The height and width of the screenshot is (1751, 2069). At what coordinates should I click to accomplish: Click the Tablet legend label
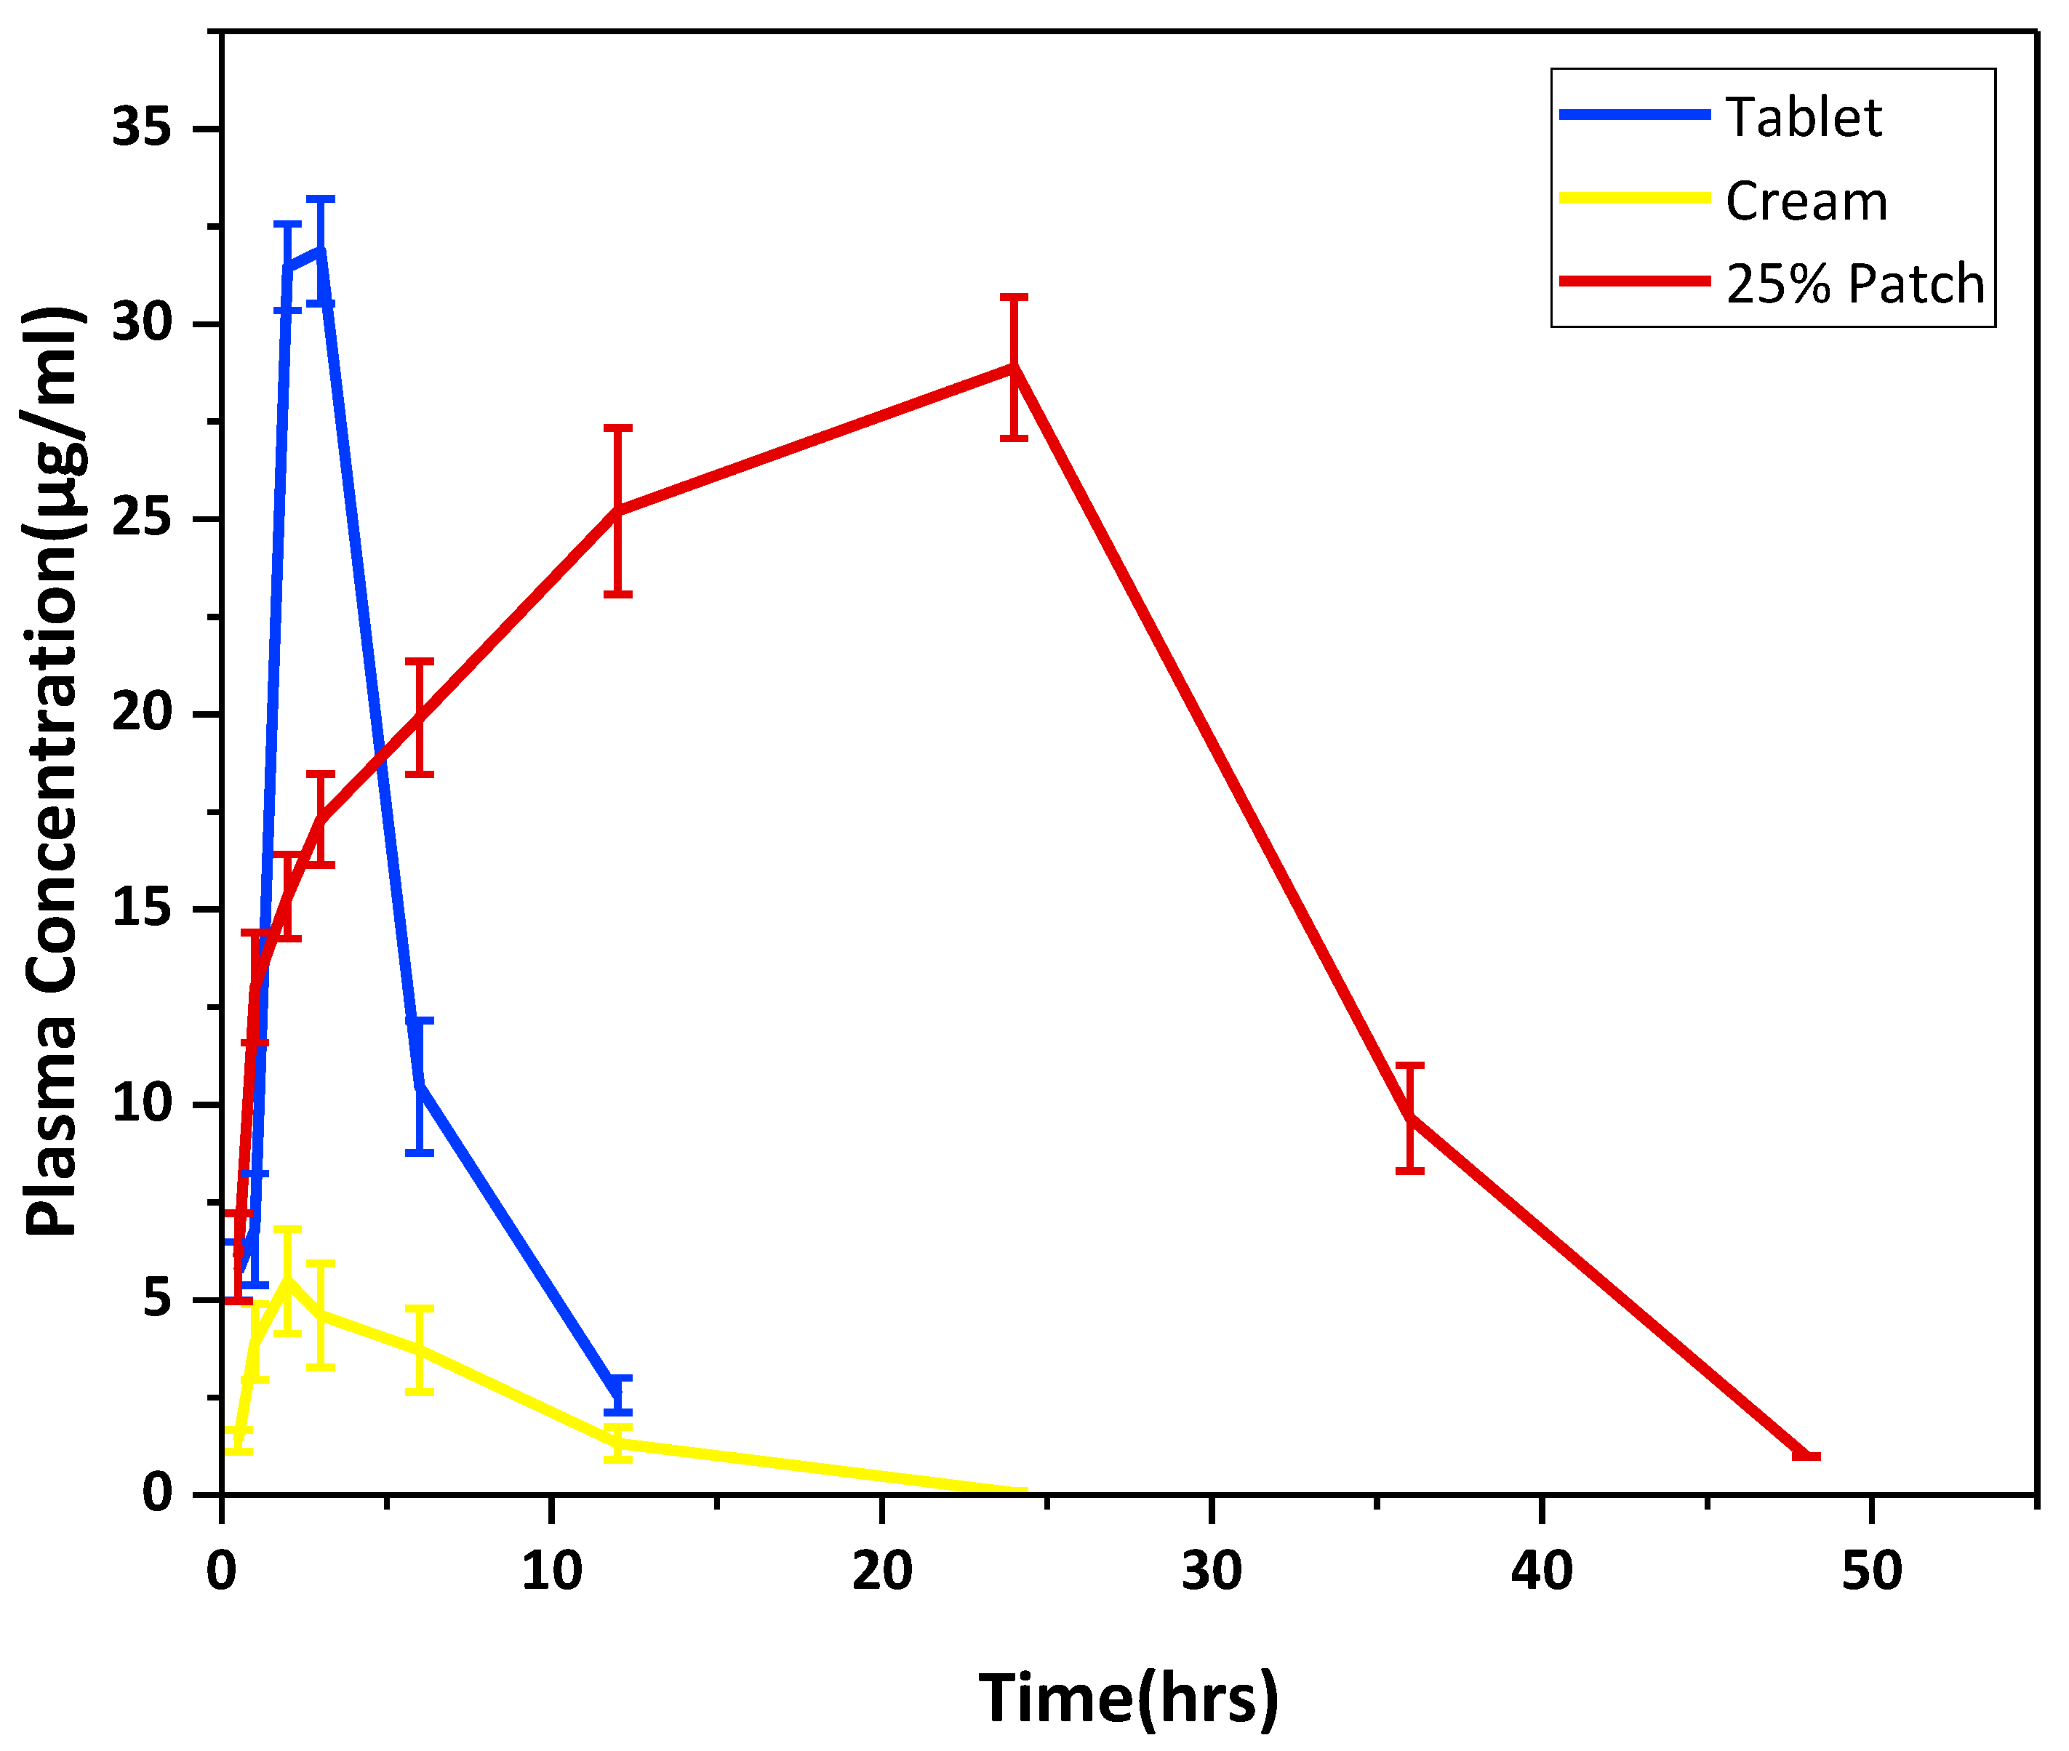pyautogui.click(x=1802, y=118)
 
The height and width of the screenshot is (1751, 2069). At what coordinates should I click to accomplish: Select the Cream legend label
pyautogui.click(x=1805, y=201)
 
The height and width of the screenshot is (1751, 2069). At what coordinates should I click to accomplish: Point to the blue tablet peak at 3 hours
pyautogui.click(x=320, y=250)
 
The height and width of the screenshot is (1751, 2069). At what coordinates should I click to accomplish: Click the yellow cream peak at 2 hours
pyautogui.click(x=287, y=1280)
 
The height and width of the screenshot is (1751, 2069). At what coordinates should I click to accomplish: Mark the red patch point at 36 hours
pyautogui.click(x=1410, y=1117)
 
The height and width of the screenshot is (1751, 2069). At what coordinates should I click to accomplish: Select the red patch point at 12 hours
pyautogui.click(x=617, y=510)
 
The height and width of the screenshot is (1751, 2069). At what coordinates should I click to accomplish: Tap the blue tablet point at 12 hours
pyautogui.click(x=617, y=1395)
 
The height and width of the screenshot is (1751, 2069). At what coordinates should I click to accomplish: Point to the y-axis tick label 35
pyautogui.click(x=141, y=128)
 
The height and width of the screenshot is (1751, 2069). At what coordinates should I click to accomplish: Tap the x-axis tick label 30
pyautogui.click(x=1211, y=1571)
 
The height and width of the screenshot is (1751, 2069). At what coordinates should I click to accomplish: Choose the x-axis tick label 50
pyautogui.click(x=1871, y=1571)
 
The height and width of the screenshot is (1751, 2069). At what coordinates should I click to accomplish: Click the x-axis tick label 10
pyautogui.click(x=551, y=1571)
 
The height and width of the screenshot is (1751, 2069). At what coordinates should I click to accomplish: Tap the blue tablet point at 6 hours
pyautogui.click(x=420, y=1085)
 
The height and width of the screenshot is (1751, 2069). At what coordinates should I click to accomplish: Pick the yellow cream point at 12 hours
pyautogui.click(x=617, y=1442)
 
